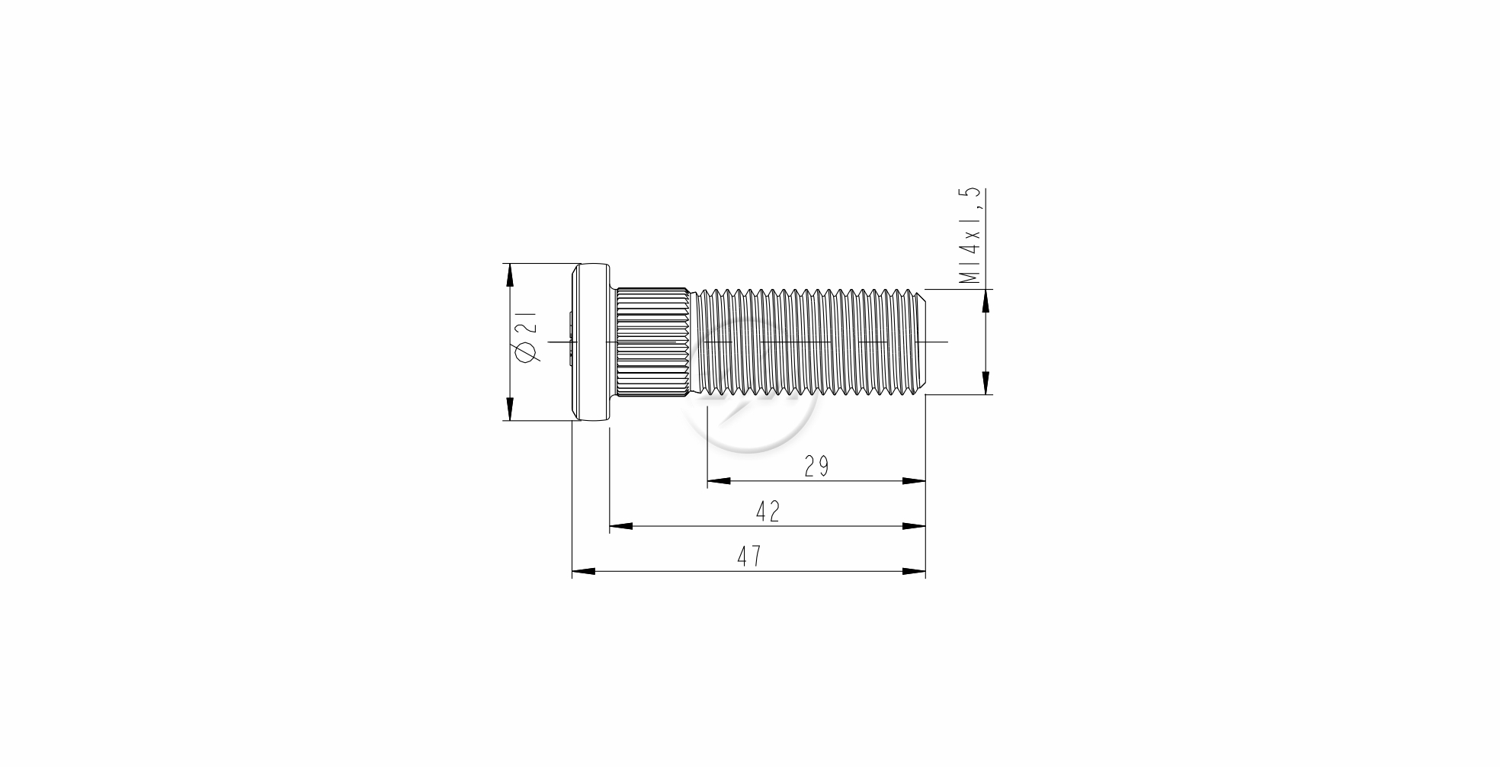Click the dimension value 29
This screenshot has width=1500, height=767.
(816, 466)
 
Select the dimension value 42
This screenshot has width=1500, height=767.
(768, 511)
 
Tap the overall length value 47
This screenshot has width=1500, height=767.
(749, 556)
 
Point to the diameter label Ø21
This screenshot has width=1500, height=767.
(527, 336)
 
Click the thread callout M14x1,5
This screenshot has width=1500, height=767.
(971, 236)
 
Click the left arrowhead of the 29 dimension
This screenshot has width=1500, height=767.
(719, 481)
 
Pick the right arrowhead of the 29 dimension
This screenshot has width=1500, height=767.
(914, 481)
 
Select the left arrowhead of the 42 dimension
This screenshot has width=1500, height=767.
(621, 526)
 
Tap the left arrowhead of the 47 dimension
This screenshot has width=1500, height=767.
(584, 571)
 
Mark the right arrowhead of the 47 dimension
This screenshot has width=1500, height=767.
(914, 571)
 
